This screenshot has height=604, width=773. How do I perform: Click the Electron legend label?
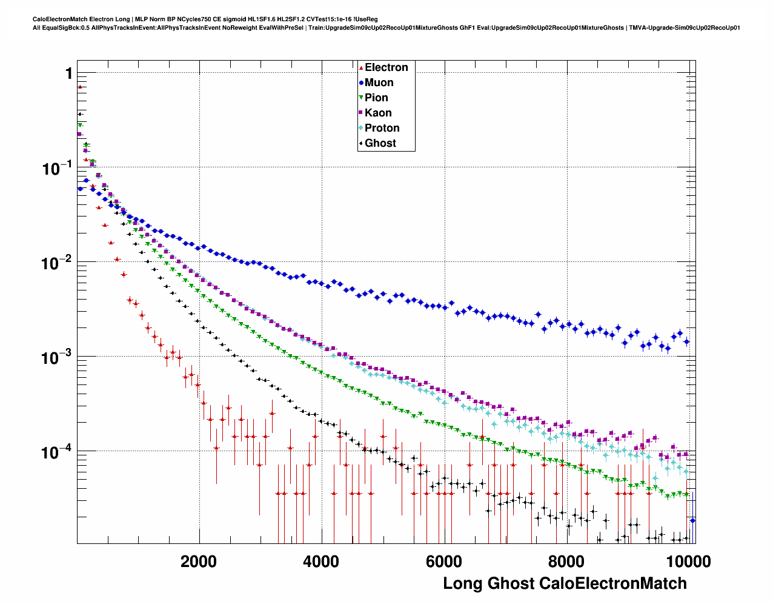(386, 67)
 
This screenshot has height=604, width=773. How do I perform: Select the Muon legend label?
(379, 82)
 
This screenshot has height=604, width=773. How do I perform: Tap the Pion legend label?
(376, 98)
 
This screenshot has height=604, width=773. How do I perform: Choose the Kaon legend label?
(378, 113)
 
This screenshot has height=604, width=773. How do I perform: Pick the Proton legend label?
(382, 128)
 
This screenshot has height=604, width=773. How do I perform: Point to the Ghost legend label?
(380, 143)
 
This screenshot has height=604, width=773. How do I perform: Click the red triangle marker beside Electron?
(361, 68)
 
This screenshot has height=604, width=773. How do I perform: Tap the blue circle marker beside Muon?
(361, 83)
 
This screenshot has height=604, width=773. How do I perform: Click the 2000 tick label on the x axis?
(199, 562)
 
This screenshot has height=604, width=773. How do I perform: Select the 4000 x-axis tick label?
(321, 562)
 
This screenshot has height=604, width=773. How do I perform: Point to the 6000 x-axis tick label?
(443, 562)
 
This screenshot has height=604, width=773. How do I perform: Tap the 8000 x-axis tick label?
(566, 562)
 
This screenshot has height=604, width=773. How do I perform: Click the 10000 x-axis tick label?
(686, 562)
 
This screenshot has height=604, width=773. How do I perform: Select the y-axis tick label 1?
(68, 73)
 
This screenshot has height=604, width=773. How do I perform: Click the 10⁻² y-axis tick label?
(57, 263)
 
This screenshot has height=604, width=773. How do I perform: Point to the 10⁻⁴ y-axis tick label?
(57, 452)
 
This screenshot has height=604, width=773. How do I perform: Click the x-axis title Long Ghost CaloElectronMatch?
(565, 583)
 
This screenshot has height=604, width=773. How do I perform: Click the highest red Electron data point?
(79, 87)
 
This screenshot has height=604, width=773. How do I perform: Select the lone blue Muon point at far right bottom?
(692, 520)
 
